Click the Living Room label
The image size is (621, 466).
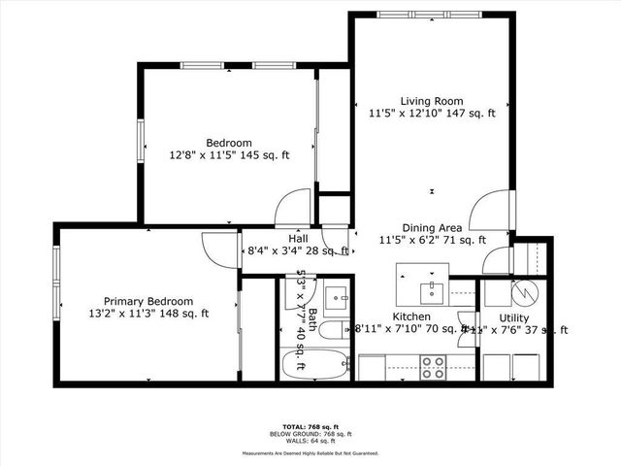pyautogui.click(x=432, y=101)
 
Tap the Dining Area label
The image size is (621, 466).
pyautogui.click(x=432, y=227)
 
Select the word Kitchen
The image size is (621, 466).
pyautogui.click(x=410, y=317)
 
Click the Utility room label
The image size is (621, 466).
pyautogui.click(x=513, y=317)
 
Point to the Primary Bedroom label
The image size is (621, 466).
pyautogui.click(x=148, y=301)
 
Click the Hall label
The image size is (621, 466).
pyautogui.click(x=299, y=239)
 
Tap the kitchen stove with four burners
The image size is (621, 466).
pyautogui.click(x=432, y=367)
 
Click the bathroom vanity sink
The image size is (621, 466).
pyautogui.click(x=336, y=296)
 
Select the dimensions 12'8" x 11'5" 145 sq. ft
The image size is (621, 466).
pyautogui.click(x=230, y=155)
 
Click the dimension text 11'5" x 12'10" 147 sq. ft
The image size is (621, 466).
pyautogui.click(x=432, y=114)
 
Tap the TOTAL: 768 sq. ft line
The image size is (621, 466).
pyautogui.click(x=310, y=426)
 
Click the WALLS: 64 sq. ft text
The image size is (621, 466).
pyautogui.click(x=310, y=442)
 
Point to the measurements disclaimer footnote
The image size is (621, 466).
pyautogui.click(x=310, y=452)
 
